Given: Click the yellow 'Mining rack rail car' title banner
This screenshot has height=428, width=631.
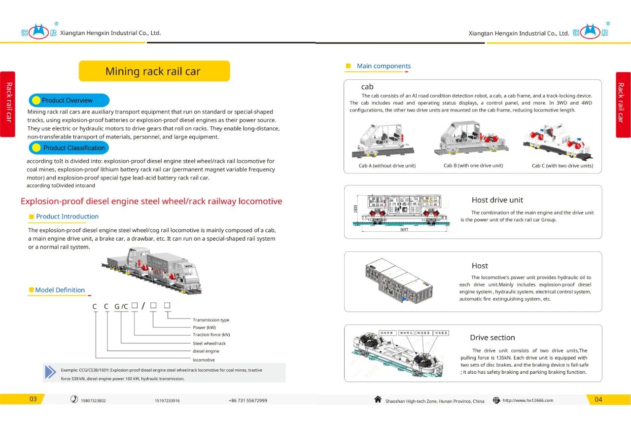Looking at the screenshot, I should coord(154,71).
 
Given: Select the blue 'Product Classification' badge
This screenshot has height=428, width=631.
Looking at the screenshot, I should coord(69,148).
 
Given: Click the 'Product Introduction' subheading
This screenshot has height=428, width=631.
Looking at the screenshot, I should coord(67,216).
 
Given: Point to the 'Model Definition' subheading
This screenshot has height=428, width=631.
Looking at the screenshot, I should coord(60,290).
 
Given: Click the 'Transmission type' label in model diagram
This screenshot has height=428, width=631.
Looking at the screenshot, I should coord(211,320).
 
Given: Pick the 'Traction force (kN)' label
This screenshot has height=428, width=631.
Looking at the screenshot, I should coord(211,335).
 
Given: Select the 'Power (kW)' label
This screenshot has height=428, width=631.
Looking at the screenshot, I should coord(204,327).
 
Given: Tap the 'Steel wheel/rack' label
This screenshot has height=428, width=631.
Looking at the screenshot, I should coord(209,343).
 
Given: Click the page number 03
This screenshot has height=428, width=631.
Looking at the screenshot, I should coord(33,399).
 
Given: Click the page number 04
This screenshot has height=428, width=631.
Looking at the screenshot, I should coord(598,399).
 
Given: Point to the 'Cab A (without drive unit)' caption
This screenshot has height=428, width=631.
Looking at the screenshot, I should coord(387,166).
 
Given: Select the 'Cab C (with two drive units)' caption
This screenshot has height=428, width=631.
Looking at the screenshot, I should coord(562,166).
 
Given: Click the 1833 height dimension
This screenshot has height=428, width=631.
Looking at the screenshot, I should coord(355,209).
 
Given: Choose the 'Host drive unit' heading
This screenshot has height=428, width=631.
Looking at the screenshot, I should coord(497,200).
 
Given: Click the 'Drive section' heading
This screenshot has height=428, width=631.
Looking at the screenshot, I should coord(492,338).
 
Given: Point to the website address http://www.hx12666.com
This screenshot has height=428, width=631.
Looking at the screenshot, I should coord(527,400).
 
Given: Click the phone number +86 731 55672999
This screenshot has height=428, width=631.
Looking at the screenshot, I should coord(248,400).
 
